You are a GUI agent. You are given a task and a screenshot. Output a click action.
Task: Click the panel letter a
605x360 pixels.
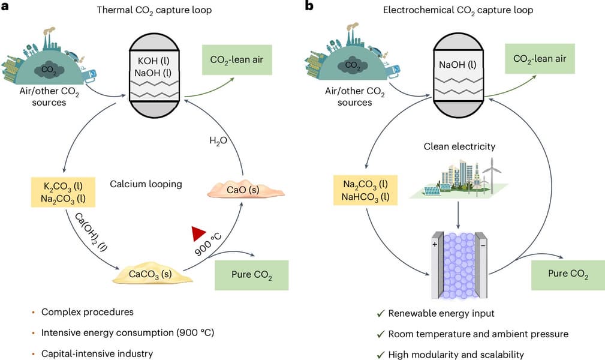[6, 6]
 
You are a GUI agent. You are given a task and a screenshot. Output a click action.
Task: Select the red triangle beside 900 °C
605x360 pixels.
[199, 234]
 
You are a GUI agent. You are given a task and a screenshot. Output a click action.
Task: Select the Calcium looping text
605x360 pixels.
[145, 184]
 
